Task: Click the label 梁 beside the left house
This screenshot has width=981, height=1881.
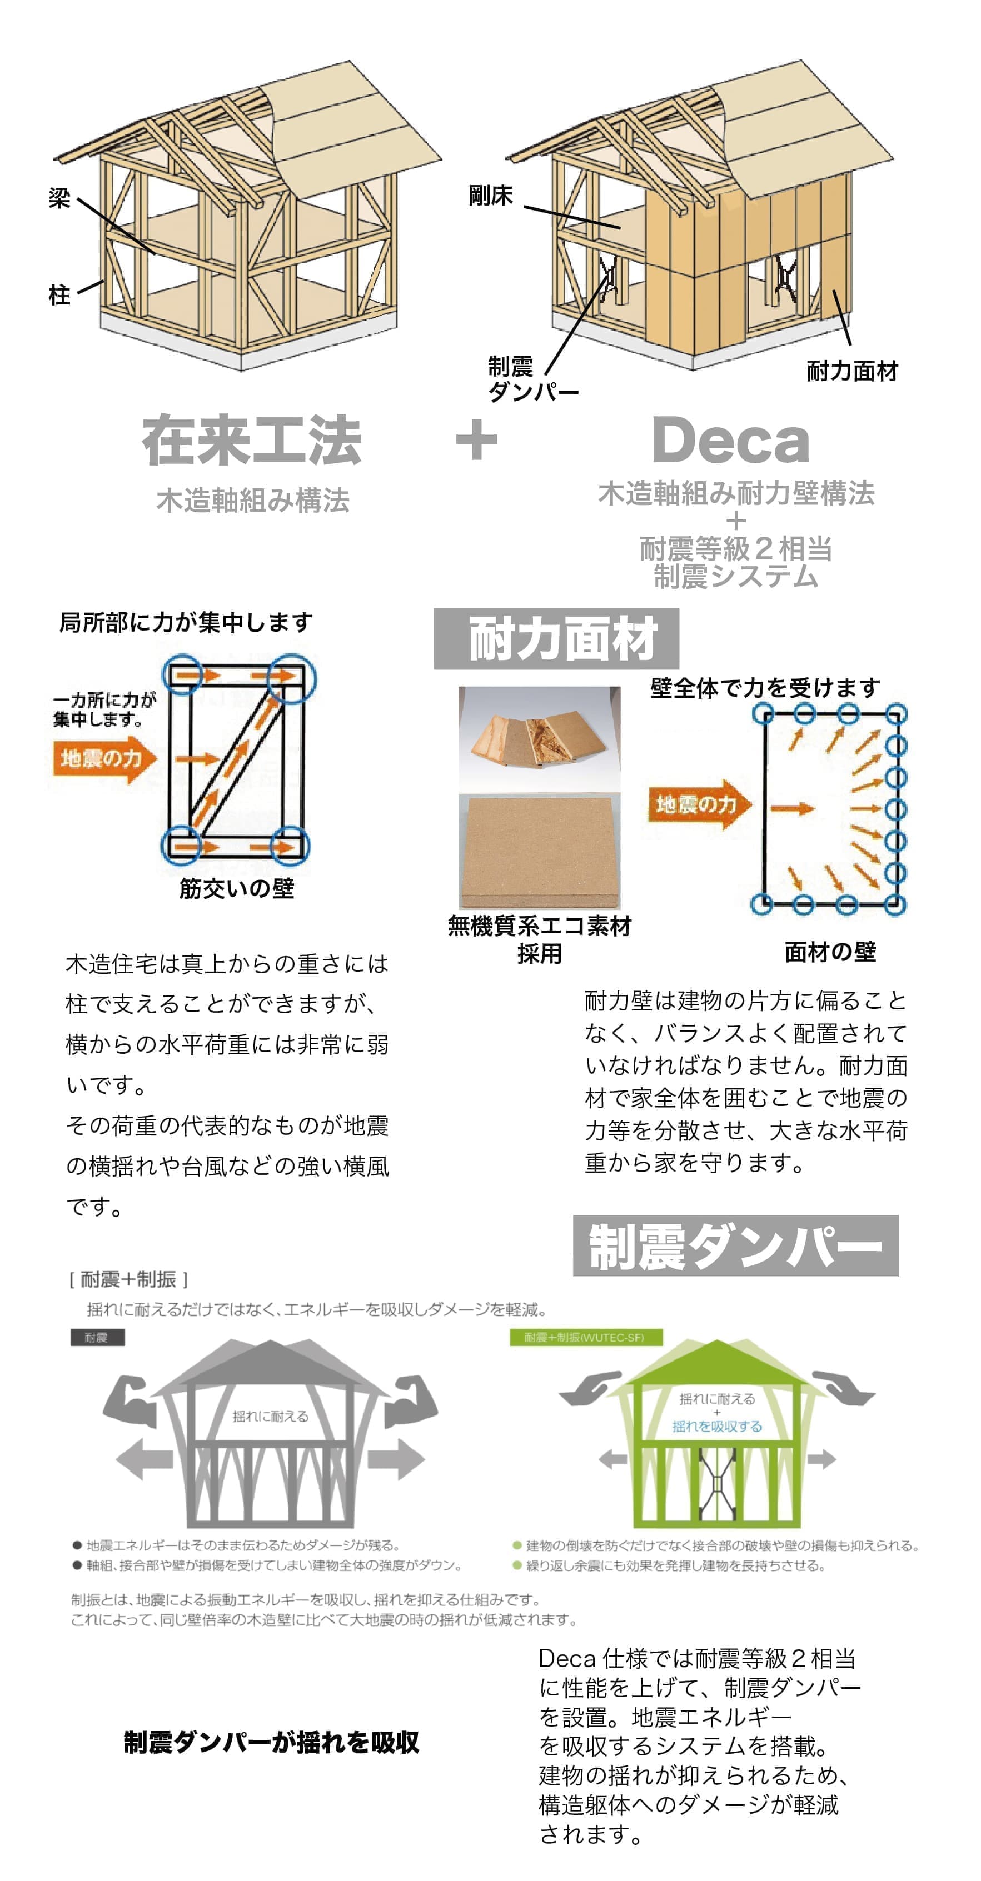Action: (59, 198)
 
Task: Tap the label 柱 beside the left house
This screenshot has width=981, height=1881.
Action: (59, 295)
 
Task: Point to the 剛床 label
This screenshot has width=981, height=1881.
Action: (490, 196)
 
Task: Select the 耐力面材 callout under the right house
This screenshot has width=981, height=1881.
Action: (851, 371)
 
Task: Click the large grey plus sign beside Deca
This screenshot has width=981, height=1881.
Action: (476, 439)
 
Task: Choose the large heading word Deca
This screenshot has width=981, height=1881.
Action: (730, 441)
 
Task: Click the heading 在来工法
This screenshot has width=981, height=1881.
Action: (252, 441)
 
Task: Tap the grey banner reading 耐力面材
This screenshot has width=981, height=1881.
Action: (556, 639)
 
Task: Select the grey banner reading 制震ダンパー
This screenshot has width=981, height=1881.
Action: (735, 1247)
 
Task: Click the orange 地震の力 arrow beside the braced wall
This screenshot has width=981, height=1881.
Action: (104, 759)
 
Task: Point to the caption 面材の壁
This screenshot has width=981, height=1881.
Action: (830, 952)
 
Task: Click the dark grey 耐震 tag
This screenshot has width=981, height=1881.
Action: (97, 1338)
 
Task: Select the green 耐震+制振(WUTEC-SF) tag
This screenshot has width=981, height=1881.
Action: (586, 1338)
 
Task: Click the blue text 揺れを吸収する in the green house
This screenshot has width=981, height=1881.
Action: (716, 1427)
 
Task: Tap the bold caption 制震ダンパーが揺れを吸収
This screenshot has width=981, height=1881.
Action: (271, 1742)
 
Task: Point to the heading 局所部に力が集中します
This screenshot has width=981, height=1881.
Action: (186, 623)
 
